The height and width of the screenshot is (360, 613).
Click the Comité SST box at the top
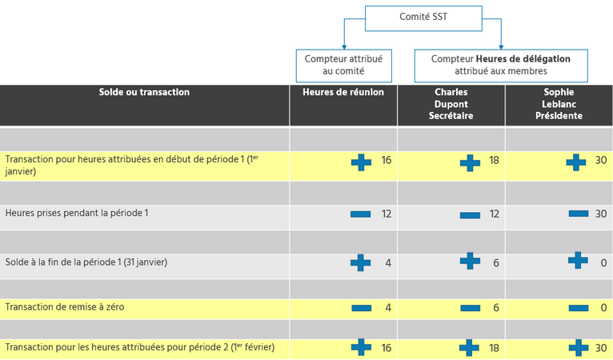pos(423,18)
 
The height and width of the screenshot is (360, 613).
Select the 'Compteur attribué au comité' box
pos(343,65)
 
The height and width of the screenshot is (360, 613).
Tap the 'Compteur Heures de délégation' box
pos(500,65)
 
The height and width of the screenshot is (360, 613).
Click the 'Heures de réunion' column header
pos(343,93)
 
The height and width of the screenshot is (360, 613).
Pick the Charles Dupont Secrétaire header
pos(451,104)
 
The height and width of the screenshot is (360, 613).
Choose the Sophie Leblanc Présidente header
pos(559,104)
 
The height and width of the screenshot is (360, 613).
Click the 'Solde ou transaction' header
pos(144,93)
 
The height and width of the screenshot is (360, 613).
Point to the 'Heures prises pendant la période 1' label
pos(77,214)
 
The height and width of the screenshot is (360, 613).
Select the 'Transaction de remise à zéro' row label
pos(65,307)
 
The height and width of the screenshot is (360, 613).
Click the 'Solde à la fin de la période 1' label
pos(86,262)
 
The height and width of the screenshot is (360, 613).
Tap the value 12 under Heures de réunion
pos(387,214)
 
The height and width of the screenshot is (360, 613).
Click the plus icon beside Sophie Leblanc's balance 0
pos(577,260)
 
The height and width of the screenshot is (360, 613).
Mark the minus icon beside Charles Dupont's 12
pos(470,214)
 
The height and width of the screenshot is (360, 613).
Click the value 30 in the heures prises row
pos(601,214)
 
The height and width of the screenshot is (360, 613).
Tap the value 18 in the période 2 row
pos(495,349)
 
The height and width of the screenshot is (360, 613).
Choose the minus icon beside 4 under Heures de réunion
pos(361,308)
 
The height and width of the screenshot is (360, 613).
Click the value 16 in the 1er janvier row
pos(387,161)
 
